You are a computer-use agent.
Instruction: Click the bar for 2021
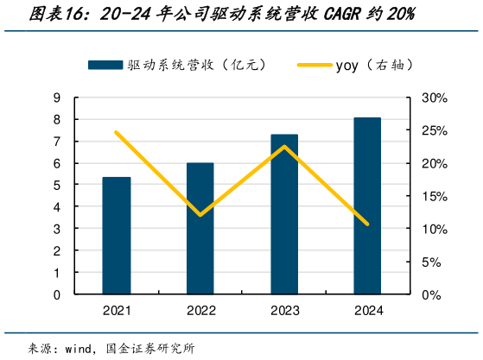coord(117,236)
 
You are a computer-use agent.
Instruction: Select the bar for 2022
coord(200,229)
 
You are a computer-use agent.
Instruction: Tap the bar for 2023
coord(284,214)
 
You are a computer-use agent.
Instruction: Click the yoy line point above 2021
coord(117,132)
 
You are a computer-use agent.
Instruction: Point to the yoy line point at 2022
coord(200,215)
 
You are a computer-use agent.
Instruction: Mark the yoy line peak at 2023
coord(284,147)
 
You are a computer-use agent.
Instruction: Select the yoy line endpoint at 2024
coord(367,224)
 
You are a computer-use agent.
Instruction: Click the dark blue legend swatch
coord(105,65)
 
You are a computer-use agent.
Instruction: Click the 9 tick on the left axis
coord(56,98)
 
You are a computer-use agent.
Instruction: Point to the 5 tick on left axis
coord(56,185)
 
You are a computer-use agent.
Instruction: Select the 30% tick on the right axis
coord(435,98)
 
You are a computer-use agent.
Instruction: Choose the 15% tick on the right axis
coord(435,196)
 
